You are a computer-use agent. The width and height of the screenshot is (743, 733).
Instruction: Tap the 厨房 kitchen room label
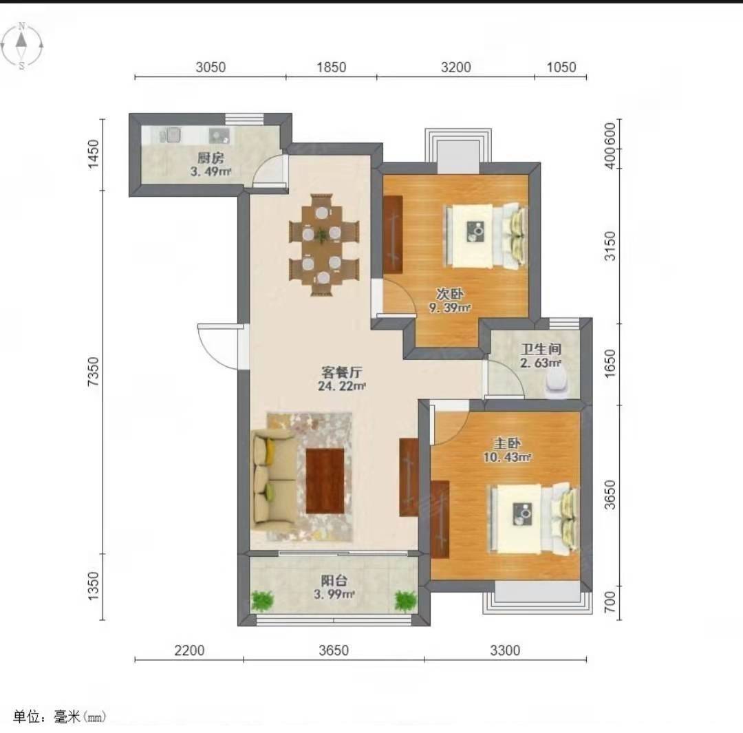(x=211, y=158)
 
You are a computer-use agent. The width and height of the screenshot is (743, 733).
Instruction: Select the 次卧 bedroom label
(x=450, y=294)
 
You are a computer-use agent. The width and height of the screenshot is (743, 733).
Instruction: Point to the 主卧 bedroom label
(x=507, y=443)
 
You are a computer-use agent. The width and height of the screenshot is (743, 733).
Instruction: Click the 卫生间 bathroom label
(x=541, y=350)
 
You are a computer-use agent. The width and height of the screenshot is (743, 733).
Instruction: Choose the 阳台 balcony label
(x=334, y=580)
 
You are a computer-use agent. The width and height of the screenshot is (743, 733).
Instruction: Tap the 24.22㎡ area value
(x=342, y=386)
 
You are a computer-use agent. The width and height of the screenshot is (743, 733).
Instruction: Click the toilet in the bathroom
(x=557, y=383)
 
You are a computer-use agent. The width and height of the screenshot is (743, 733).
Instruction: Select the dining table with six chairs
(x=323, y=244)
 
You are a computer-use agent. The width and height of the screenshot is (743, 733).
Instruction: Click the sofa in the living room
(x=274, y=479)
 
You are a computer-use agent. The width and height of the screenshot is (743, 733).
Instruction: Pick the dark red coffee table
(x=325, y=481)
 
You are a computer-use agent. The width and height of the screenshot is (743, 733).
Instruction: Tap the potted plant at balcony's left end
(x=262, y=601)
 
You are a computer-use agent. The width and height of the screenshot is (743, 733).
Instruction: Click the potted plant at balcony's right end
(x=406, y=601)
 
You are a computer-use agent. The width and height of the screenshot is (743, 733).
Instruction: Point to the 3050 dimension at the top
(x=211, y=67)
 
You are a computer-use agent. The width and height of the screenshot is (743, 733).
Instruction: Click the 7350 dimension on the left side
(x=94, y=372)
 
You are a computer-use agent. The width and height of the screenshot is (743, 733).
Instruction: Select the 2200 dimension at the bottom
(x=190, y=650)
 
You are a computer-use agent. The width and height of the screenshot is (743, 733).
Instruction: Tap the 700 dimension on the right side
(x=610, y=602)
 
